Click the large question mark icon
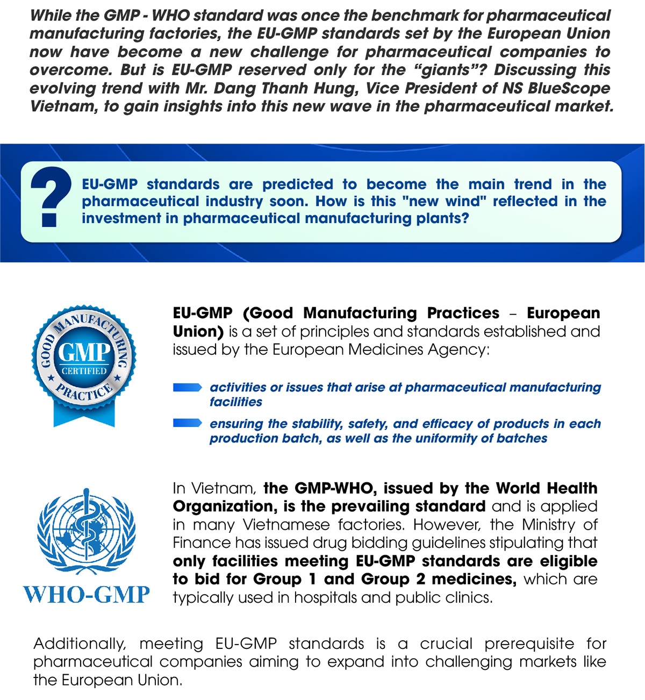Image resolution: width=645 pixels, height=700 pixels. tap(50, 196)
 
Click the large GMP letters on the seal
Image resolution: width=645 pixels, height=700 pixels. tap(84, 352)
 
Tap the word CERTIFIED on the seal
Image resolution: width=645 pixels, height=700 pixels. tap(84, 371)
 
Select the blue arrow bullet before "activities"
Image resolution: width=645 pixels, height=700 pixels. tap(187, 388)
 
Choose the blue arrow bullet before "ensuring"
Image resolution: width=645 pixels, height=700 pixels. tap(187, 424)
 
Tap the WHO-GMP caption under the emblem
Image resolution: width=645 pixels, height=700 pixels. tap(86, 595)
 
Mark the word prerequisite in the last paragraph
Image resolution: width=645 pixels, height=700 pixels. tap(529, 644)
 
